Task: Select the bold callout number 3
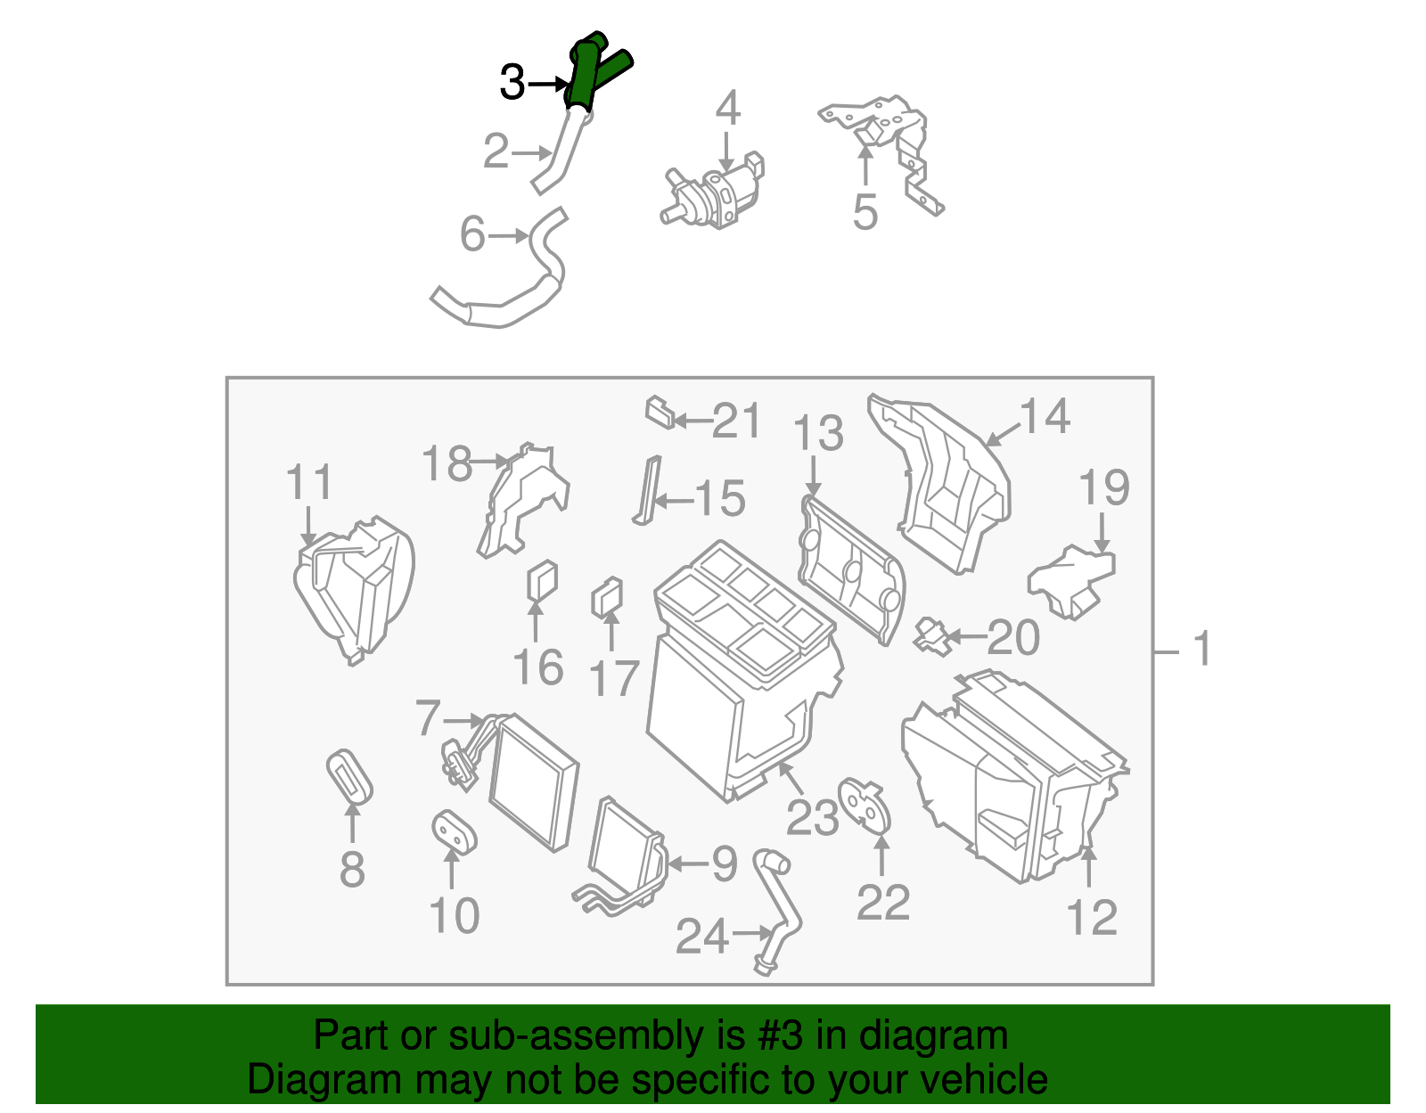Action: tap(512, 83)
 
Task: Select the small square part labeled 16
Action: tap(543, 581)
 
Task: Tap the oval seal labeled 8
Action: tap(349, 776)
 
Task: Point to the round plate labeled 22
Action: tap(865, 806)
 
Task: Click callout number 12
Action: tap(1092, 918)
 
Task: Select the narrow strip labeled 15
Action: tap(647, 490)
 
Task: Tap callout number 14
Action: tap(1045, 416)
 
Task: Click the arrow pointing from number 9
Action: tap(687, 864)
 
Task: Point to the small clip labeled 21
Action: tap(660, 412)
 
